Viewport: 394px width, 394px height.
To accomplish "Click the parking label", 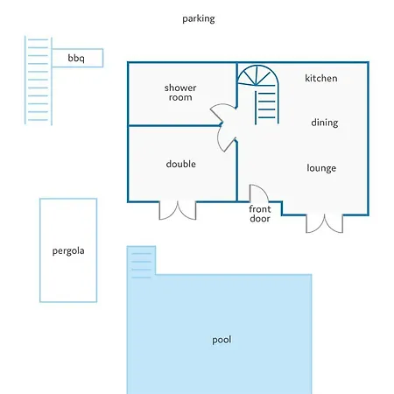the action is [x=199, y=19].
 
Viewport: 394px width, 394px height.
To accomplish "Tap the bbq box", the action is [x=77, y=58].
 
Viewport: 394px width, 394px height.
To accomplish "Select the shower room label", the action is [x=180, y=92].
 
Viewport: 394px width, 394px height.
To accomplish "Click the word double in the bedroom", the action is [x=181, y=164].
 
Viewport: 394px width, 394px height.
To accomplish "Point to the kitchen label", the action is [x=321, y=78].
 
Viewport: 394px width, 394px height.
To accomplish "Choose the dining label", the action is [x=325, y=123].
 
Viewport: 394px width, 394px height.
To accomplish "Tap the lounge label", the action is [x=321, y=168].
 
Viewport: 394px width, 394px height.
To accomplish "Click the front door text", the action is [x=260, y=214].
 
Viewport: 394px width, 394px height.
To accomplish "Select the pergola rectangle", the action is [x=40, y=250].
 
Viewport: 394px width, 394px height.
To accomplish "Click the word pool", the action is [x=222, y=340].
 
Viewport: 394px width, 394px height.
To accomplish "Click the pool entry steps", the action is [x=141, y=265].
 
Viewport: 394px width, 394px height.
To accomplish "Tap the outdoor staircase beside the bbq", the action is [x=39, y=80].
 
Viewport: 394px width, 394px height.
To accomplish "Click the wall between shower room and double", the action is [x=174, y=126].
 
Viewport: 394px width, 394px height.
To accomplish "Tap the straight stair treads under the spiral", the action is [x=267, y=106].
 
